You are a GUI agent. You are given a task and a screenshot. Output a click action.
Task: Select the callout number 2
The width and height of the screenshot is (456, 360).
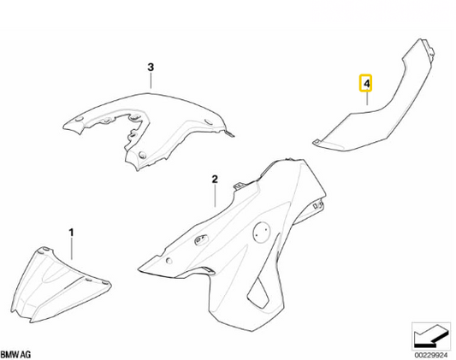point(215,179)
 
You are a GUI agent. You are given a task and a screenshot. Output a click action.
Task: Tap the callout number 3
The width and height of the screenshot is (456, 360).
point(151,68)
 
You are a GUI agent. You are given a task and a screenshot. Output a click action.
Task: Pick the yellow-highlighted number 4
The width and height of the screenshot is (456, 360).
point(367,84)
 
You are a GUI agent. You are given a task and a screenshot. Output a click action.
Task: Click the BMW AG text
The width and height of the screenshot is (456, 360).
point(16,355)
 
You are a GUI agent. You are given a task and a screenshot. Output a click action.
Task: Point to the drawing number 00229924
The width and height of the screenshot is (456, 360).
point(431,355)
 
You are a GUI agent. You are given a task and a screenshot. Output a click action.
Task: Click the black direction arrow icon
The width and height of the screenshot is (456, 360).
point(431,336)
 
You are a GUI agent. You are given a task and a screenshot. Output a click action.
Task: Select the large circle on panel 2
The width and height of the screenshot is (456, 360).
point(262,232)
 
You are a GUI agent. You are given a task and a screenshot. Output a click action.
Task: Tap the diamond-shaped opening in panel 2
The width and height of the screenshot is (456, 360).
point(258,292)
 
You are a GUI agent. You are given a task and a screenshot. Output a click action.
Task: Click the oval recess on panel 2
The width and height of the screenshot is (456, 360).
point(202,239)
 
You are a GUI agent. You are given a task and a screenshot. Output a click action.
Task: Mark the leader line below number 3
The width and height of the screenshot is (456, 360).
point(151,80)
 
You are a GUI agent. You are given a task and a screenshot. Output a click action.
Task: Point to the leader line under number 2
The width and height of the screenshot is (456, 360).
point(215,196)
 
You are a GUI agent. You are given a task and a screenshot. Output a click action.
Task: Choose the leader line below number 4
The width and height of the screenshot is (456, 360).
point(367,98)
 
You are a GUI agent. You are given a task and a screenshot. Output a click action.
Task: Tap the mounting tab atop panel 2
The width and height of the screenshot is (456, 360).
point(240,185)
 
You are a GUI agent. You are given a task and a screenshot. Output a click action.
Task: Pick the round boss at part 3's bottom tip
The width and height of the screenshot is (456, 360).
point(143,155)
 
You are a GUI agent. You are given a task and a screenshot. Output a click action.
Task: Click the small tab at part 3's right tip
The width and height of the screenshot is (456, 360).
point(231,133)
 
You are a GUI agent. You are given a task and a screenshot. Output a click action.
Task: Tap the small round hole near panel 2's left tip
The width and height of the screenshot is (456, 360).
point(169,261)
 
